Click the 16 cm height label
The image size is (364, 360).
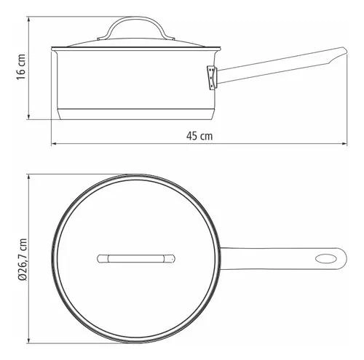pyautogui.click(x=21, y=67)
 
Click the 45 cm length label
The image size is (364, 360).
pyautogui.click(x=199, y=136)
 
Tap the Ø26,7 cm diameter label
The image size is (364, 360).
pyautogui.click(x=23, y=259)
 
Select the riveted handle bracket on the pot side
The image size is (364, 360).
pyautogui.click(x=212, y=78)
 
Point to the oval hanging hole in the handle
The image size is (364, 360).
pyautogui.click(x=326, y=259)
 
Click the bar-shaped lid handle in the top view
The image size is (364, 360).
pyautogui.click(x=136, y=259)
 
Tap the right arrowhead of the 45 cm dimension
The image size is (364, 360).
pyautogui.click(x=344, y=144)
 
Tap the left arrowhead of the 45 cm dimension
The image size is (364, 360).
pyautogui.click(x=54, y=144)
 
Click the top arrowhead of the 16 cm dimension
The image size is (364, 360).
pyautogui.click(x=29, y=20)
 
